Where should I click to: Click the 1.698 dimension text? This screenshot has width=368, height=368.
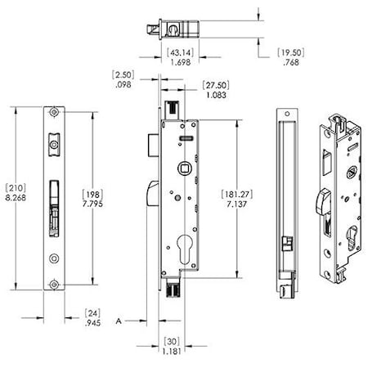(x=180, y=62)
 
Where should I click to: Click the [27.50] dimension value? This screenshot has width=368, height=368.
(x=215, y=84)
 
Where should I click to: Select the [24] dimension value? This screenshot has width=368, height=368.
(x=94, y=312)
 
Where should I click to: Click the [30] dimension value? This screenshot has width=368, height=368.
(x=171, y=343)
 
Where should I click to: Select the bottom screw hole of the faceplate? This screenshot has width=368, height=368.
(x=54, y=285)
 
